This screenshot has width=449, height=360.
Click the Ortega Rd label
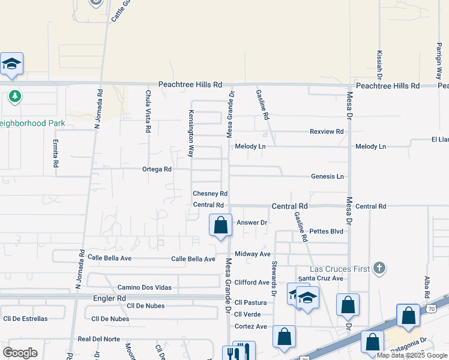pos(157,169)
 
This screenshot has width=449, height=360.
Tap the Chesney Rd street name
pos(210,194)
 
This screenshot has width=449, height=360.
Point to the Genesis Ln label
pos(327,176)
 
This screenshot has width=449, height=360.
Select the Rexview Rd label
pos(327,131)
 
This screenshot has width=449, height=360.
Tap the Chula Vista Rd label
pos(148,111)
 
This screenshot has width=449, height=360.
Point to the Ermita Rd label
pos(55,154)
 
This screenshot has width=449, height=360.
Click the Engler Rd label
pos(109,298)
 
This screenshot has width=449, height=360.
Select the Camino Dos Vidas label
pos(144,287)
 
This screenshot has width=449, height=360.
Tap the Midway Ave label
pos(252,254)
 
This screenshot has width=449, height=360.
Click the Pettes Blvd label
pos(327,231)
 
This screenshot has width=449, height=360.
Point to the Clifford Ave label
pos(252,282)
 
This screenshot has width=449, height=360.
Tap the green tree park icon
pos(14,96)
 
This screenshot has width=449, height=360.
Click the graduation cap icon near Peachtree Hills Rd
pos(11,64)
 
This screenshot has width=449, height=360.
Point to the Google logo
pos(20,353)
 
